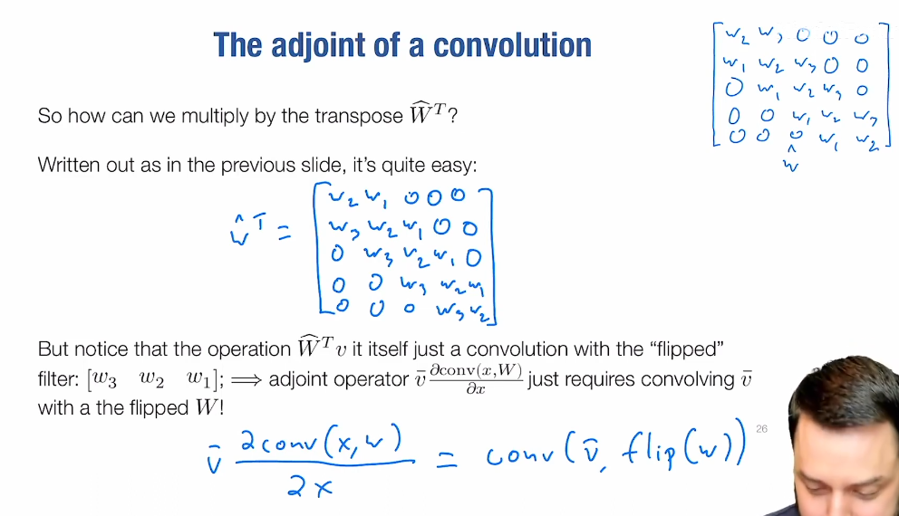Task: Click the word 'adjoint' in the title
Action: [x=317, y=46]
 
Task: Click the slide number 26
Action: [x=761, y=429]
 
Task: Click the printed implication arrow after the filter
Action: [x=246, y=379]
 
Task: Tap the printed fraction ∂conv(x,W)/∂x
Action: [x=476, y=378]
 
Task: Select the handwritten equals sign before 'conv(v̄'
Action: [x=447, y=459]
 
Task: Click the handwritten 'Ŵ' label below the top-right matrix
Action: [x=791, y=160]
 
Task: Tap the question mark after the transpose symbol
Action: [x=452, y=116]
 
